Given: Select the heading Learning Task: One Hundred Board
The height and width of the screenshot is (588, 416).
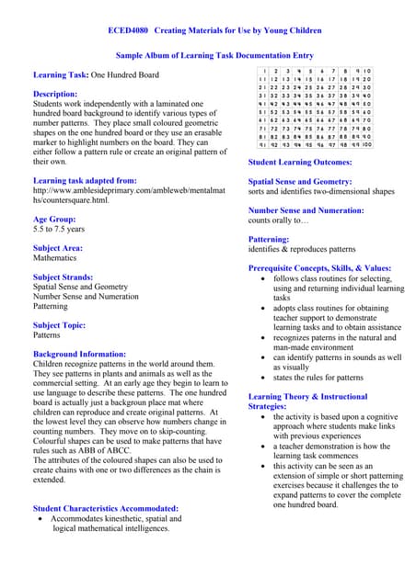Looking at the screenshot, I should click(96, 74).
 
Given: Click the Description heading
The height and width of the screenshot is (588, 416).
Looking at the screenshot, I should click(55, 94).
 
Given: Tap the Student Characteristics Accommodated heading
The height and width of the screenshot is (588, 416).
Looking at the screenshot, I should click(106, 508).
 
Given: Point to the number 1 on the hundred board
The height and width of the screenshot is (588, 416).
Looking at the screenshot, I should click(265, 71).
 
